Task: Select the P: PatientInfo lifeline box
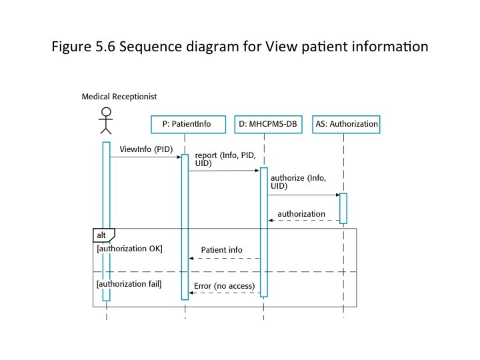click(185, 123)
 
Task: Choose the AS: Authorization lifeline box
click(345, 123)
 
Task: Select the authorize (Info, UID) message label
click(297, 182)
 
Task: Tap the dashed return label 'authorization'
click(301, 214)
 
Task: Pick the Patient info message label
click(221, 249)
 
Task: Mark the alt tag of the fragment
click(102, 235)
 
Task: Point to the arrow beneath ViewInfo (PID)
click(145, 157)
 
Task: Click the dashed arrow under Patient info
click(224, 258)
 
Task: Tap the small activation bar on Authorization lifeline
click(343, 208)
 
